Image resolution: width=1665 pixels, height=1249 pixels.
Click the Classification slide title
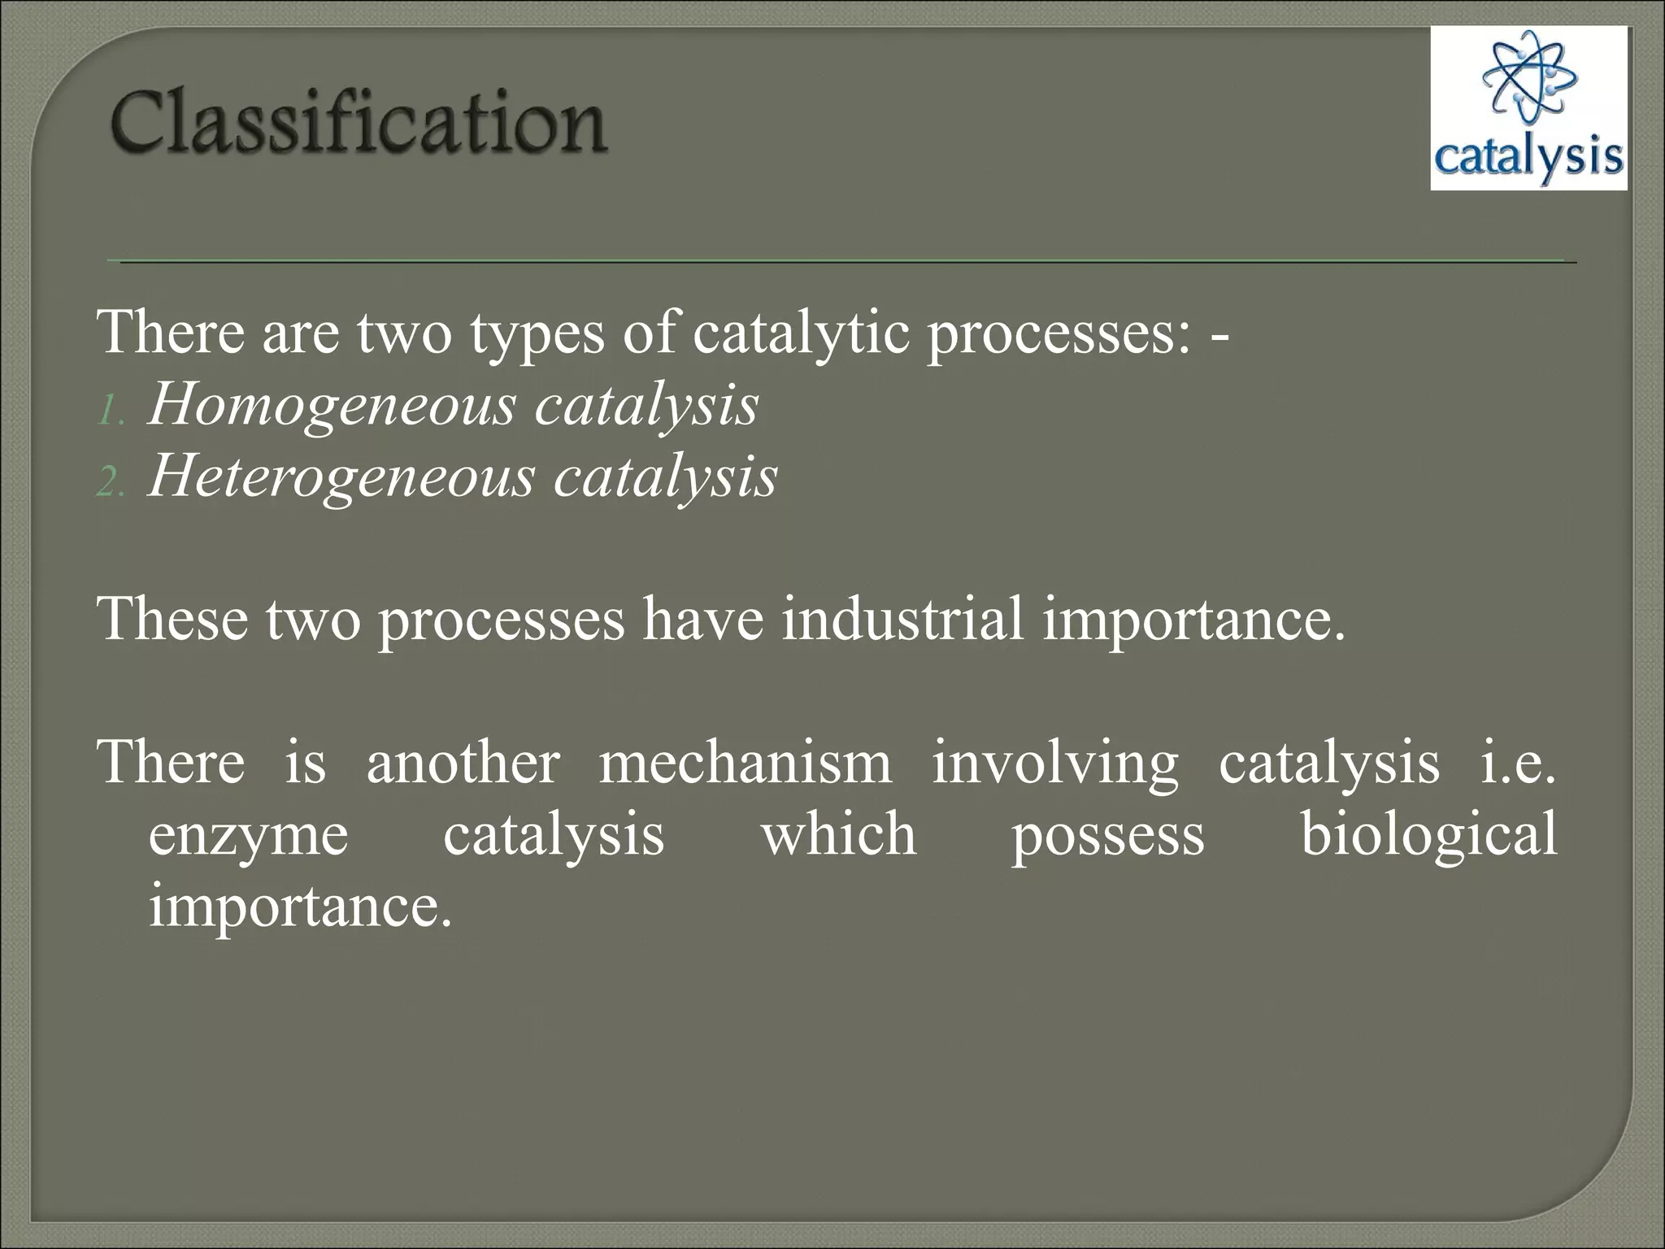pyautogui.click(x=358, y=124)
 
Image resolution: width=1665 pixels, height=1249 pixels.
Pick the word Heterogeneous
pyautogui.click(x=341, y=477)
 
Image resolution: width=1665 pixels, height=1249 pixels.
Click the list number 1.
pyautogui.click(x=108, y=413)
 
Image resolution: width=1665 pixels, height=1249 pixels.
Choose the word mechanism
pyautogui.click(x=745, y=764)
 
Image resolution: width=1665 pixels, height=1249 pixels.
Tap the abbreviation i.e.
pyautogui.click(x=1516, y=764)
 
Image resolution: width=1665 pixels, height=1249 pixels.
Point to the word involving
pyautogui.click(x=1054, y=765)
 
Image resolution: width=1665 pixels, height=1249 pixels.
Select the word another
pyautogui.click(x=463, y=764)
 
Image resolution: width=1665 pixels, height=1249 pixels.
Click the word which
pyautogui.click(x=838, y=835)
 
